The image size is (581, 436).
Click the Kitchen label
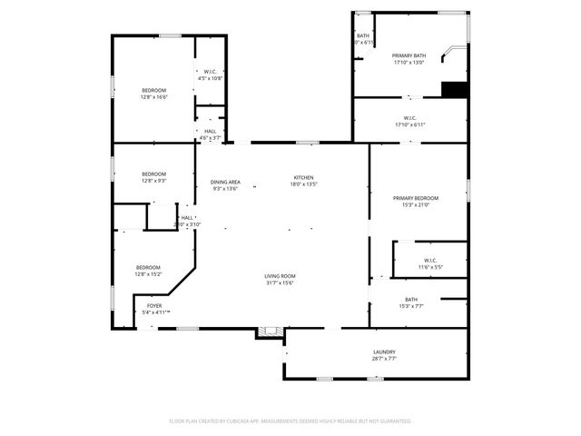(303, 177)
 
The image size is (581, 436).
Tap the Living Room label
(280, 276)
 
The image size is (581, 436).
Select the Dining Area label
(225, 182)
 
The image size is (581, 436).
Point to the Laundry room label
(384, 352)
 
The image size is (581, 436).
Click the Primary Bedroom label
(416, 198)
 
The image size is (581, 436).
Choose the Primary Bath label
(409, 56)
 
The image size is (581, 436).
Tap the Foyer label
(154, 306)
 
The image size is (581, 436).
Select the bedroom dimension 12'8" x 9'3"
(153, 181)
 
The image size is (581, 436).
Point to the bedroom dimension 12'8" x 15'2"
(148, 273)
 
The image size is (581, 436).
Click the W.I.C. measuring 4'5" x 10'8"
(210, 78)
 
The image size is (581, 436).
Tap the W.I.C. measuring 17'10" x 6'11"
(409, 124)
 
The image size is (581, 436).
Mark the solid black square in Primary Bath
(454, 89)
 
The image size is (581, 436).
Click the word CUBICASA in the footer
(236, 421)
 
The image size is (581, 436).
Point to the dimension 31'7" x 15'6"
(280, 282)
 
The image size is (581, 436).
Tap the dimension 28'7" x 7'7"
(384, 359)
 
